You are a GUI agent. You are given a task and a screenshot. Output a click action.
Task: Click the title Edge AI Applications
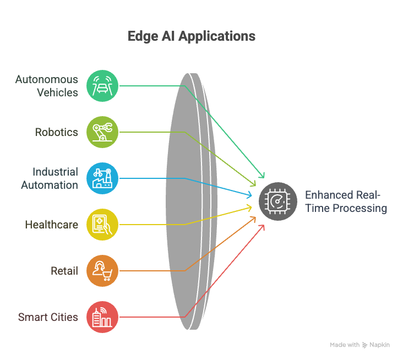pos(192,37)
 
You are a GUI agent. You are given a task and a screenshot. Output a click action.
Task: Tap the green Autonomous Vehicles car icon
pos(102,86)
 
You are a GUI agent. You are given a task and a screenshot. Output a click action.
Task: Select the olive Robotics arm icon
pos(102,132)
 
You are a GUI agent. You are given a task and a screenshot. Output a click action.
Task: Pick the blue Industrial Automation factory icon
pos(102,178)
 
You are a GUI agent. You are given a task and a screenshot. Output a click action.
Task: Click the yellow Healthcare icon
pos(102,225)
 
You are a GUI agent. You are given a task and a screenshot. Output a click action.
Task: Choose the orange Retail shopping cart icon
pos(102,271)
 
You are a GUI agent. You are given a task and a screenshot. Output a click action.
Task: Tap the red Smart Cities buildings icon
pos(102,317)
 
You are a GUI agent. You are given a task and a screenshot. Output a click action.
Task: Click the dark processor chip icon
pos(278,201)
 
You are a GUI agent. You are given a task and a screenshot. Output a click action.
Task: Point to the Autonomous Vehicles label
pos(47,86)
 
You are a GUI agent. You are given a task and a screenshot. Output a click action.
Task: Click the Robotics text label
pos(57,132)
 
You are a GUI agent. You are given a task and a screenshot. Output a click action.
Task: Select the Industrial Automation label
pos(50,178)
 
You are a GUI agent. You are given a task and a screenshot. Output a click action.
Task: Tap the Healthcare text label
pos(52,225)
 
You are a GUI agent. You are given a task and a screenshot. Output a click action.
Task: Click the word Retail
pos(64,271)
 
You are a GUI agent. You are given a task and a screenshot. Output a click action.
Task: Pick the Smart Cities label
pos(48,317)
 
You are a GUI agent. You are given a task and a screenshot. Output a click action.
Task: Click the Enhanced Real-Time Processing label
pos(346,201)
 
